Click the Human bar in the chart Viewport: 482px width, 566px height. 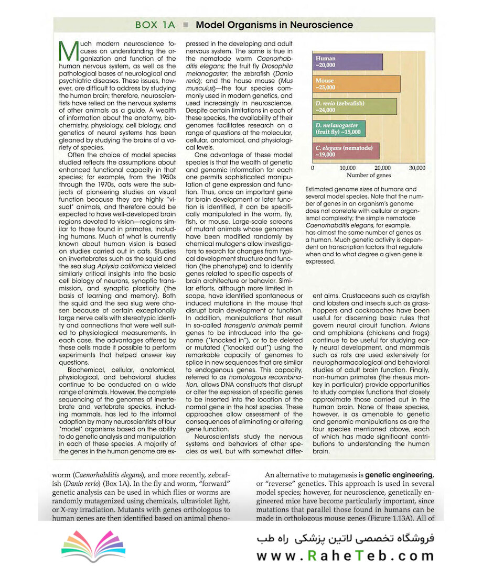pyautogui.click(x=347, y=62)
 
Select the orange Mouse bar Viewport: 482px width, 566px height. pyautogui.click(x=356, y=84)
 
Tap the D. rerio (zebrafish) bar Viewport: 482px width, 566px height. pyautogui.click(x=354, y=106)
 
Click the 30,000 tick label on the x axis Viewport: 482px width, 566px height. pyautogui.click(x=417, y=168)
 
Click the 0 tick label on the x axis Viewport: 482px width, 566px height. pyautogui.click(x=313, y=168)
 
